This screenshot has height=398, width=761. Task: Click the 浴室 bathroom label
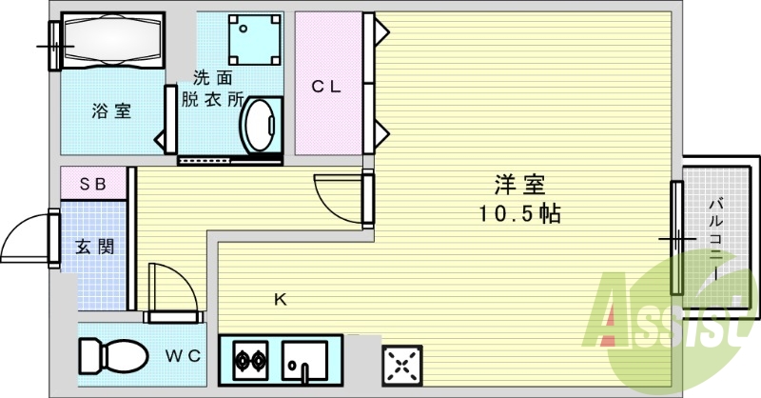111,111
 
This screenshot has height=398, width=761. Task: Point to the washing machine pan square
252,41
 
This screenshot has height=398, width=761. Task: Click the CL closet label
326,87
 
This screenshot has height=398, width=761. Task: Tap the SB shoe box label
91,183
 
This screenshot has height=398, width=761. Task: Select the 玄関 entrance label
95,247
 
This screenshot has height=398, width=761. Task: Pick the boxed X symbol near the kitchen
400,364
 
